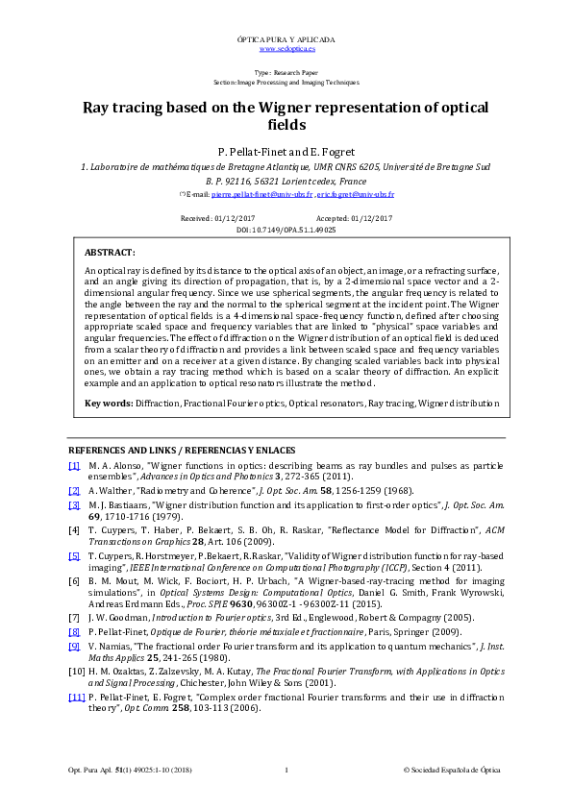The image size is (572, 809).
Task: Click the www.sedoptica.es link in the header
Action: (x=286, y=47)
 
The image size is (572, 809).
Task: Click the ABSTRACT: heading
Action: (x=110, y=251)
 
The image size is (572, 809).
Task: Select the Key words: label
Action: (x=109, y=403)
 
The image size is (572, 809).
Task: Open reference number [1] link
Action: (x=74, y=465)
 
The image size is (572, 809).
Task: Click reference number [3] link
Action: (x=74, y=505)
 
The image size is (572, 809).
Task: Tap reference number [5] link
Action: (x=74, y=556)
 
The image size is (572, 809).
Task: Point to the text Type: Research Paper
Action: (x=286, y=73)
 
